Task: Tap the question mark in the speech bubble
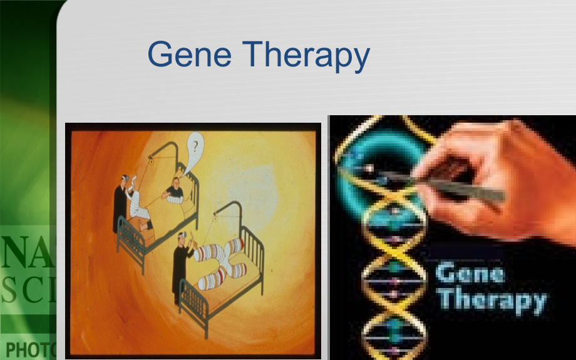(196, 148)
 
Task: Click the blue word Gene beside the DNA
(470, 274)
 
